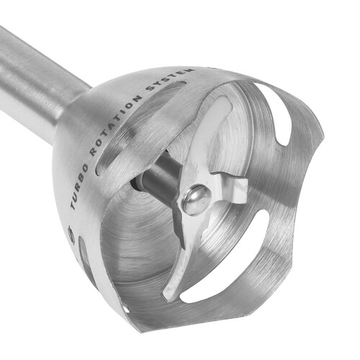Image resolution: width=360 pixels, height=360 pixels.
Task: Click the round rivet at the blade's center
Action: [196, 199]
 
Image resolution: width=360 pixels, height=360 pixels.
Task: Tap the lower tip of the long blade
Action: [167, 297]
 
